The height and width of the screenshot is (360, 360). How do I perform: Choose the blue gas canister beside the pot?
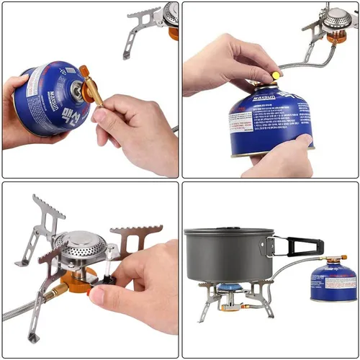(329, 283)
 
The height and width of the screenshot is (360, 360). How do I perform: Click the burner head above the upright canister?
(336, 19)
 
